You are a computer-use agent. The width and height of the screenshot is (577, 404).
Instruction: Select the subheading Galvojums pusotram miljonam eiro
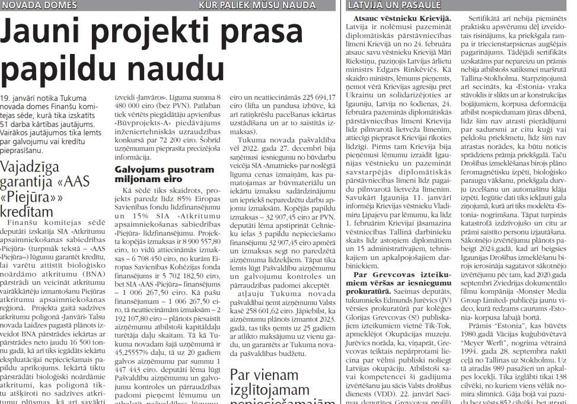point(164,174)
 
